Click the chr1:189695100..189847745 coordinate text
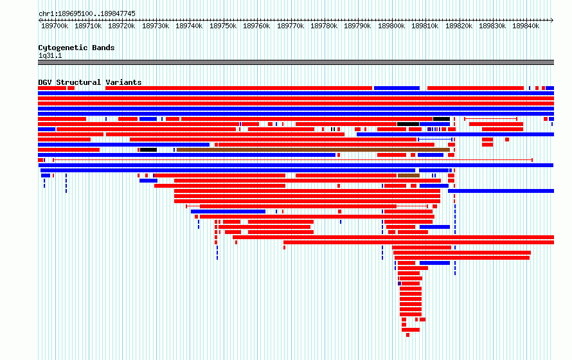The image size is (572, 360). click(x=87, y=14)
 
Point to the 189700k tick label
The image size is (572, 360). click(x=55, y=26)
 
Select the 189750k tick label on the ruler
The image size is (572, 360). click(x=223, y=26)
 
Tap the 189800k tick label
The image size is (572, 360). click(x=391, y=26)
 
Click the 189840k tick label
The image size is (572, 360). click(x=526, y=26)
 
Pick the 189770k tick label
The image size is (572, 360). click(x=290, y=26)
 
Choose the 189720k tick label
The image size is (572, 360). click(x=121, y=26)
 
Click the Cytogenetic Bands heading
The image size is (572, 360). click(x=76, y=48)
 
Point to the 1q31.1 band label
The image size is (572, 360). click(x=50, y=55)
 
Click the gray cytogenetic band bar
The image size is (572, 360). click(x=296, y=62)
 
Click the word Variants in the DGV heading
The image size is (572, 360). click(x=123, y=82)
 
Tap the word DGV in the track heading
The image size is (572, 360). click(x=45, y=82)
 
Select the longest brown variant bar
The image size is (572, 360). click(x=313, y=150)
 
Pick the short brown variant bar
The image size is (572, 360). click(x=409, y=175)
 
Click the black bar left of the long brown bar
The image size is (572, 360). click(x=148, y=150)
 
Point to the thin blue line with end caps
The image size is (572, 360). click(x=435, y=139)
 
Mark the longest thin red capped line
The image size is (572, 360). click(x=292, y=160)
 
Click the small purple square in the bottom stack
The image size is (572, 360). click(x=400, y=283)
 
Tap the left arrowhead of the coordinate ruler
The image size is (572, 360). click(x=40, y=21)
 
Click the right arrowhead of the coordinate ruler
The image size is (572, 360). click(x=552, y=21)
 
